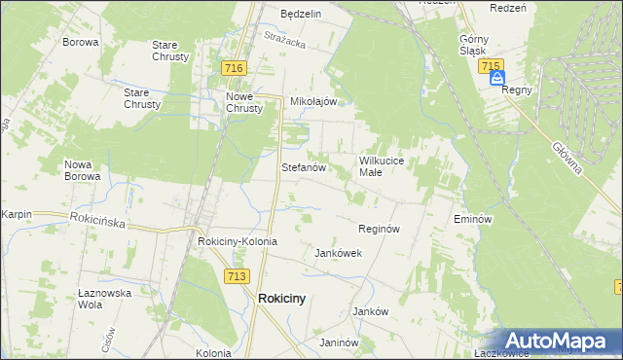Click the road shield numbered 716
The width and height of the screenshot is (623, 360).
click(233, 68)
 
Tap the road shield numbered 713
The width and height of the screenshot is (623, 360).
click(235, 276)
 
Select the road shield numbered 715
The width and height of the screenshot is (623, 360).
click(491, 65)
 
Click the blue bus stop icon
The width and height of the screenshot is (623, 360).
click(497, 78)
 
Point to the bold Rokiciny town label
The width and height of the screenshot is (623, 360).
click(281, 300)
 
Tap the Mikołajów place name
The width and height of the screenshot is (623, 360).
click(313, 101)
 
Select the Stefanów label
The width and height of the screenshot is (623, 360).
click(302, 167)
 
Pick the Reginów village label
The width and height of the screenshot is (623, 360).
click(380, 229)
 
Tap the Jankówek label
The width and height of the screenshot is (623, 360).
click(338, 253)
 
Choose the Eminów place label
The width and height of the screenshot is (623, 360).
click(470, 220)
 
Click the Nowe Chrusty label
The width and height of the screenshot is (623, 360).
click(244, 102)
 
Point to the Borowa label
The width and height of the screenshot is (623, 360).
click(81, 43)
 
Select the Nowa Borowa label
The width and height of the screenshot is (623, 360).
click(83, 170)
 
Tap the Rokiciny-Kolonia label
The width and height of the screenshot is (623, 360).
click(238, 241)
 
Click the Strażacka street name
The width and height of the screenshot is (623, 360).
click(285, 39)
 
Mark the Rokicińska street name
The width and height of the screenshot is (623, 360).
click(97, 222)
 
